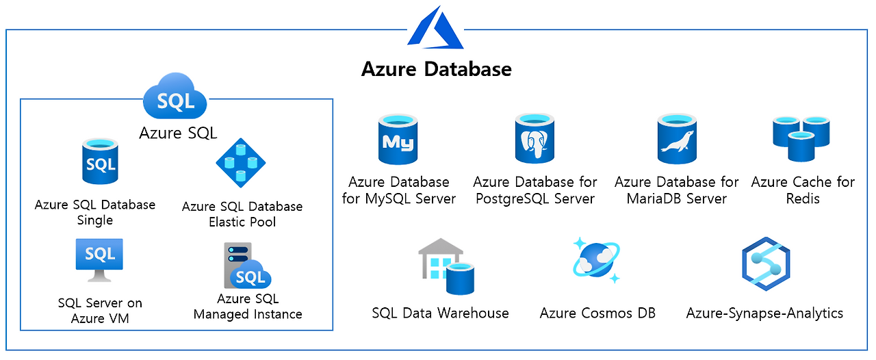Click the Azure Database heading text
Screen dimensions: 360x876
(x=436, y=69)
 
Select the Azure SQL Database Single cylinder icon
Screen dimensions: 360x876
(x=100, y=162)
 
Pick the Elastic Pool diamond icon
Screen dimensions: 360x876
(x=240, y=163)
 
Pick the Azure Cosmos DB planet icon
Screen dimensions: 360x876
(x=597, y=260)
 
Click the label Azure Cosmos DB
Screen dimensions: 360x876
(x=597, y=313)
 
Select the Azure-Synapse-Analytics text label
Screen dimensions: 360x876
(x=764, y=313)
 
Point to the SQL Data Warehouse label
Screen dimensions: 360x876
(x=440, y=313)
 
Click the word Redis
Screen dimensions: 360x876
(x=803, y=199)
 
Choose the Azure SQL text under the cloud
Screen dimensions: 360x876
(x=178, y=133)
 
